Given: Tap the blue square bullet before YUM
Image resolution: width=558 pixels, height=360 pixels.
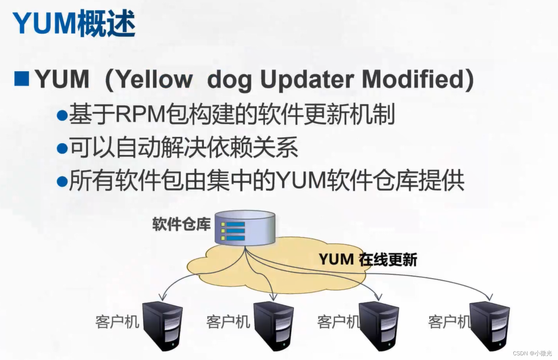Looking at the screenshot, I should pyautogui.click(x=22, y=79).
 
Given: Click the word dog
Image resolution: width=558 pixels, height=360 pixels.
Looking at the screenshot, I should pyautogui.click(x=229, y=80).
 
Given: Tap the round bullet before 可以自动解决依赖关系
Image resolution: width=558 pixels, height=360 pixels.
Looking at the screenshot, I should pyautogui.click(x=62, y=148).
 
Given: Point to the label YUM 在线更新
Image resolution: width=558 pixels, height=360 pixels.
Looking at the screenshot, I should pyautogui.click(x=368, y=260).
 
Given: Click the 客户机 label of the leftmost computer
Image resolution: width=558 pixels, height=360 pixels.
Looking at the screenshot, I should pyautogui.click(x=117, y=322).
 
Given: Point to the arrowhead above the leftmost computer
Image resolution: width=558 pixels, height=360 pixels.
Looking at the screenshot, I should pyautogui.click(x=162, y=297).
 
